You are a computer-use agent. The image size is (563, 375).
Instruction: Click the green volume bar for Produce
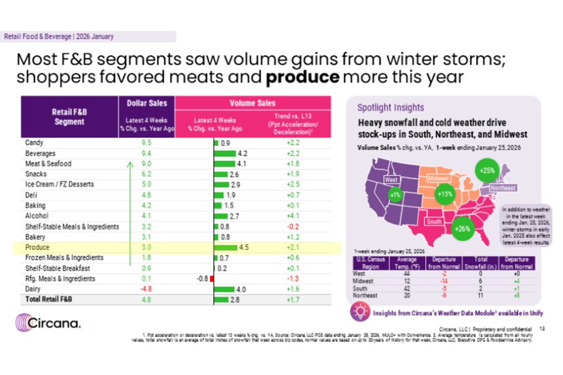coord(226,247)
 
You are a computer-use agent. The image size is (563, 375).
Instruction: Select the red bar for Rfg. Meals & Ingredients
coord(212,279)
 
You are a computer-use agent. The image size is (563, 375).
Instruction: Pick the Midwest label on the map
coord(439,179)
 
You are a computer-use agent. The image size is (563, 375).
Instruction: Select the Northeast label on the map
coord(502,188)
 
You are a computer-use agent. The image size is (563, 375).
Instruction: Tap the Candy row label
coord(34,142)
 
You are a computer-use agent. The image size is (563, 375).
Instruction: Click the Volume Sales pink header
coord(252,103)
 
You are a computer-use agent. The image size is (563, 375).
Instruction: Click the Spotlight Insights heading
coord(390,108)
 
